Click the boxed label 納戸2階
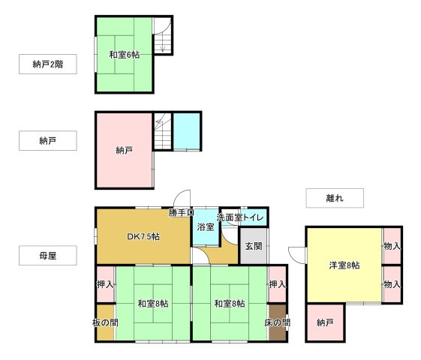point(47,64)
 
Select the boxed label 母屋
point(47,256)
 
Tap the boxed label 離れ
point(334,198)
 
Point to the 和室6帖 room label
point(124,54)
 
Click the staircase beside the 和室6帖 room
point(162,42)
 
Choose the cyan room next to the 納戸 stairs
point(187,131)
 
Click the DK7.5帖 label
point(142,237)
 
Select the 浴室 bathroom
point(205,226)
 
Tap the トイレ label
point(254,217)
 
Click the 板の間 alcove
point(105,322)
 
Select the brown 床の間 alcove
point(277,322)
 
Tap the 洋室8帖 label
point(344,265)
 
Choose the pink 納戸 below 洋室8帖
point(324,322)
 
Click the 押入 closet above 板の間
point(105,284)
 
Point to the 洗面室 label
point(228,217)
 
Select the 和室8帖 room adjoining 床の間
point(229,304)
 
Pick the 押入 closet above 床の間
point(277,284)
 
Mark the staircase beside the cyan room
point(162,131)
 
